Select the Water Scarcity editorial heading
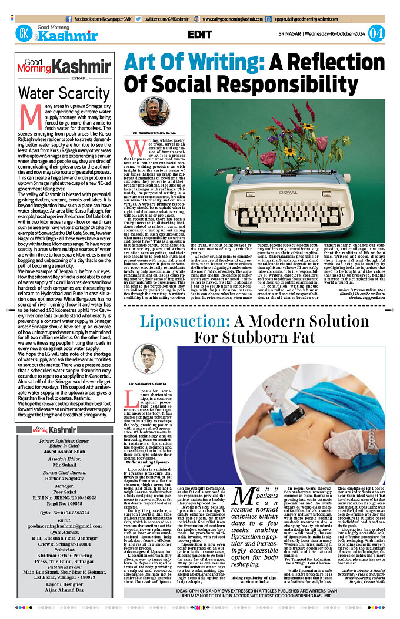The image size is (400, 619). [56, 93]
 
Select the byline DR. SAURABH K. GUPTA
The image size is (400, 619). [148, 382]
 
